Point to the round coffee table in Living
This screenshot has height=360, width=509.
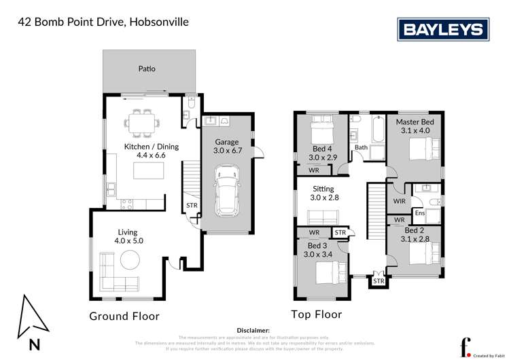click(x=130, y=259)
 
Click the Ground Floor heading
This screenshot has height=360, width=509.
click(x=124, y=316)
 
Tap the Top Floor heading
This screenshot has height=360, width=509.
click(x=316, y=314)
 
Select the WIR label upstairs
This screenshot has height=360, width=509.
click(x=400, y=201)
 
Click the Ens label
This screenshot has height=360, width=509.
click(x=420, y=213)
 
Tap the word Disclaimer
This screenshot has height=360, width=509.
click(x=253, y=329)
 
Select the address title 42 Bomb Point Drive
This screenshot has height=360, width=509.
click(x=102, y=22)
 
